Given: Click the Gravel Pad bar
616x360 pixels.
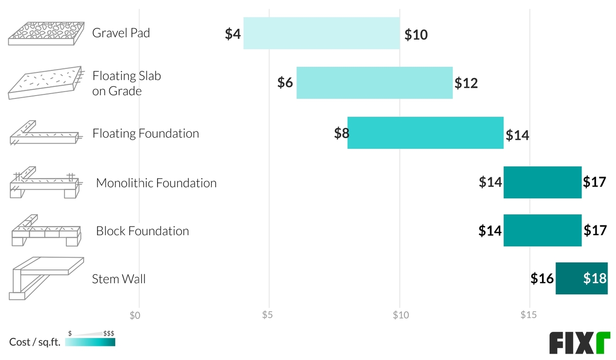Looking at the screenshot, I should click(321, 33).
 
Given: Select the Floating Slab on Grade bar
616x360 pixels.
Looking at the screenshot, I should click(374, 83).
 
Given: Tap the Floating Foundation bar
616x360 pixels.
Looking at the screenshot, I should click(425, 133).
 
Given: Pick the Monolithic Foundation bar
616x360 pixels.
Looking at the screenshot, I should click(542, 182).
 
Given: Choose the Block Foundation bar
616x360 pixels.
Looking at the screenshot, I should click(542, 231).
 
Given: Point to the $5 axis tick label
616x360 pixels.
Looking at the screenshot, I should click(267, 314).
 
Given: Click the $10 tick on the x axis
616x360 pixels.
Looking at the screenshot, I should click(400, 314).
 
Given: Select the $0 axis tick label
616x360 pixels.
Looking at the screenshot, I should click(135, 314).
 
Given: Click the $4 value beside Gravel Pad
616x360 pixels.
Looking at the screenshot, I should click(233, 34).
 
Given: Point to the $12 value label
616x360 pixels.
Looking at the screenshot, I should click(466, 83).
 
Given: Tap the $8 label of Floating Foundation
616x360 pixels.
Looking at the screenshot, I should click(341, 134).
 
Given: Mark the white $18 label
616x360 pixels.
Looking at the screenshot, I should click(595, 278).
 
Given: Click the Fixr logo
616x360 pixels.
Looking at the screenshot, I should click(579, 343).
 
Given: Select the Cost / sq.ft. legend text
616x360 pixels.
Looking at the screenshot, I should click(35, 343).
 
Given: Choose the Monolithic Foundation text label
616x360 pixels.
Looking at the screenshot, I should click(156, 183).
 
